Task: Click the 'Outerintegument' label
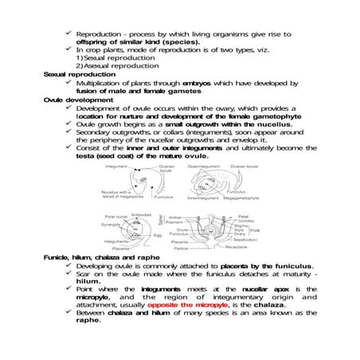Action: coord(202,166)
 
